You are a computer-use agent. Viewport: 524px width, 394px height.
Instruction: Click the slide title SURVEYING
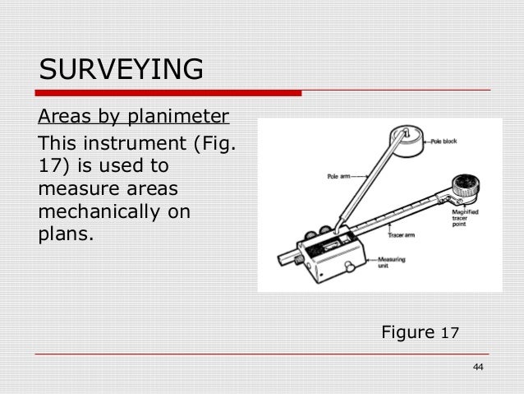122,70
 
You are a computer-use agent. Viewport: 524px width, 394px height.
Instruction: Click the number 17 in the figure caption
450,333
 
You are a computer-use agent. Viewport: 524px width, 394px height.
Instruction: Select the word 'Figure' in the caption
409,332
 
